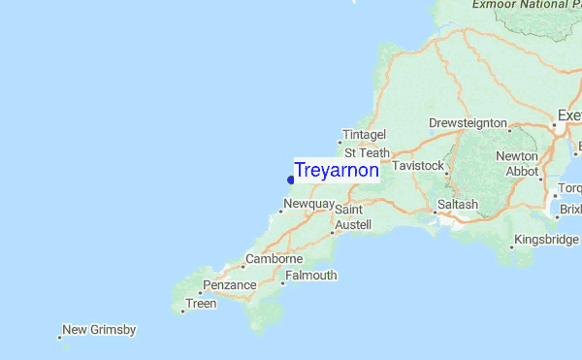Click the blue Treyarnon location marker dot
(290, 178)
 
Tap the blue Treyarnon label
(337, 170)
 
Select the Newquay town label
(309, 205)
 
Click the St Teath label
(367, 153)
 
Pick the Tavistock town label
(418, 166)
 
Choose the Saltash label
(458, 205)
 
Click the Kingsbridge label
(546, 239)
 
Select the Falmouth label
(311, 276)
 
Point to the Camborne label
(275, 259)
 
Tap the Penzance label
(230, 285)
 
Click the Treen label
(202, 304)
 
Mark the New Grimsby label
(99, 330)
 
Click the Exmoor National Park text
(524, 5)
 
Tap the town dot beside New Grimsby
(59, 338)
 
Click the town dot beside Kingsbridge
(511, 246)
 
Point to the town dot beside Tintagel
(339, 142)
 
